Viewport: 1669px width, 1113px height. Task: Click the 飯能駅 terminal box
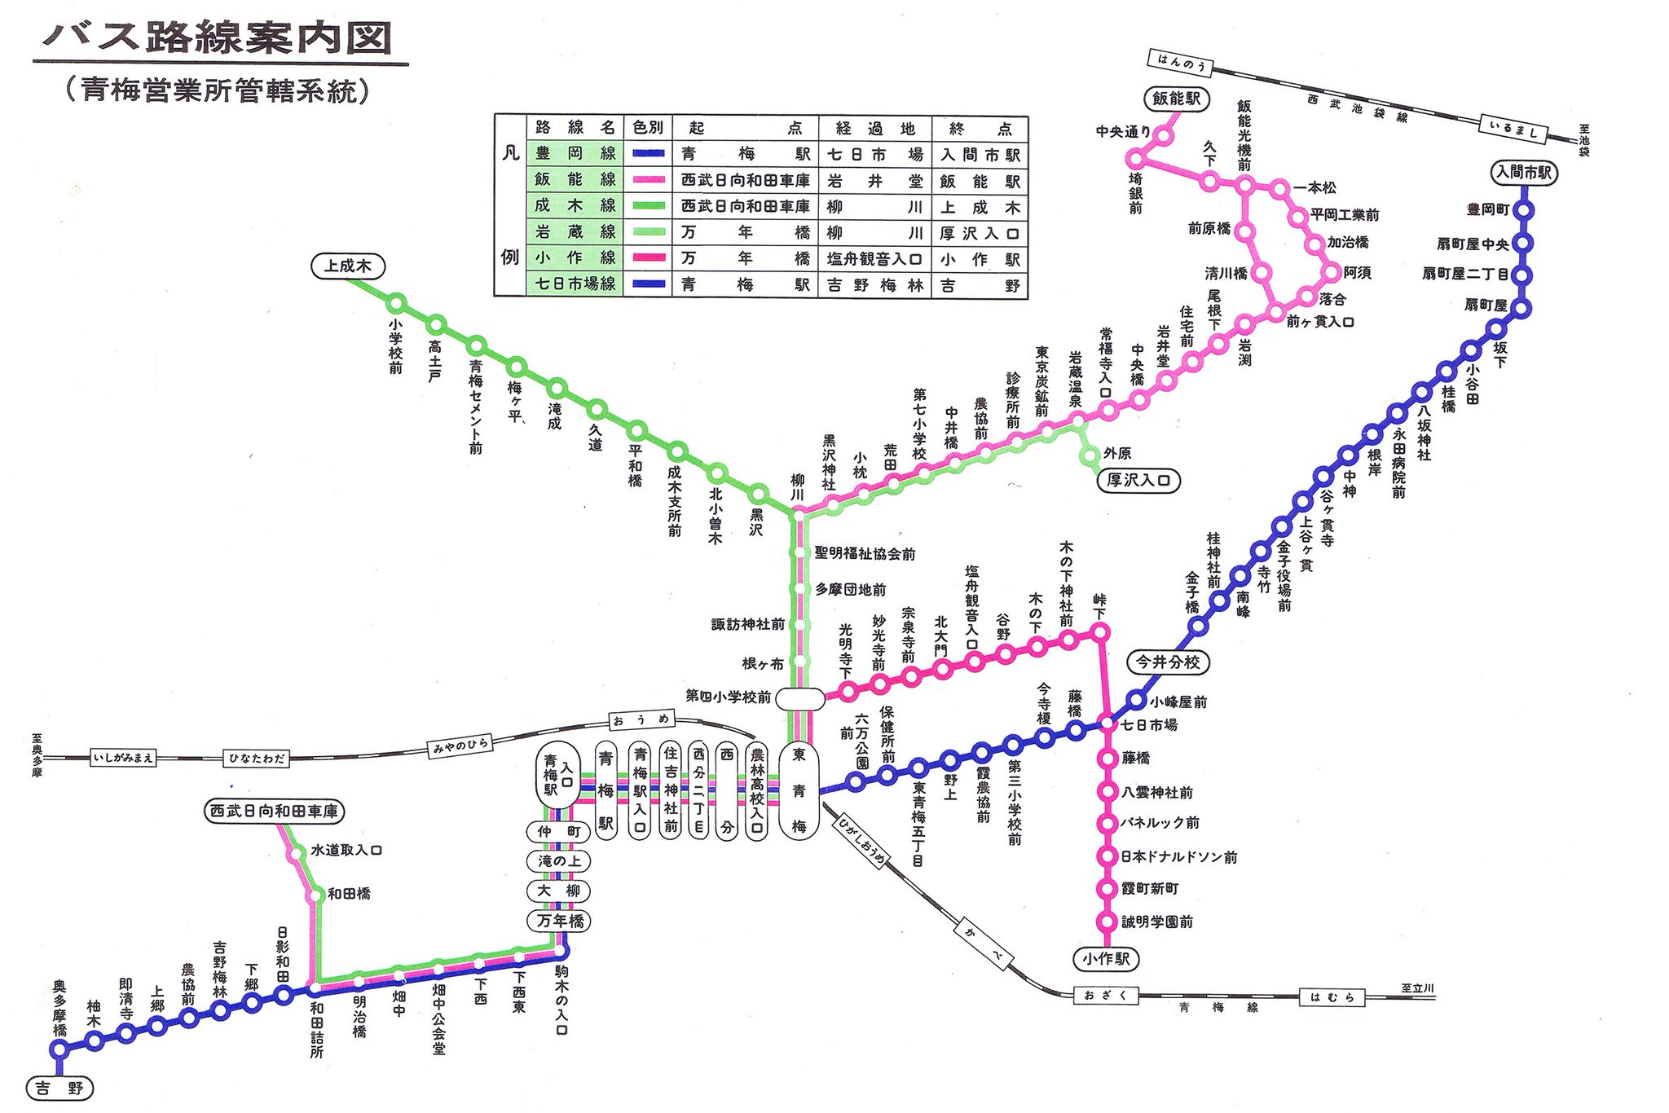tap(1176, 99)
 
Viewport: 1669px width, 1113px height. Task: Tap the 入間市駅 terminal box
tap(1523, 173)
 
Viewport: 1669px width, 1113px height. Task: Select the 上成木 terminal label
tap(348, 266)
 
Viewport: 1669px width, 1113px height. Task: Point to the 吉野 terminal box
tap(59, 1088)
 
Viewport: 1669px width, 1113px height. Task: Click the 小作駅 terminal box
tap(1106, 958)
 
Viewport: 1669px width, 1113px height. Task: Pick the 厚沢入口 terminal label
tap(1138, 480)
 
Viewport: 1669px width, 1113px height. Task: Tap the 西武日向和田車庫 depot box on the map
tap(274, 811)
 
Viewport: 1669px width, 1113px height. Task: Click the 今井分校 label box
tap(1168, 662)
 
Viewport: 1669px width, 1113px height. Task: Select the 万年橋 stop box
tap(560, 921)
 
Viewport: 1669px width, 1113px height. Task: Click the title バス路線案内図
tap(218, 38)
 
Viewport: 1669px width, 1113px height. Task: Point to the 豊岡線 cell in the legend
tap(575, 153)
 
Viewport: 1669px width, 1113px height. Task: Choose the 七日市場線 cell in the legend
tap(575, 284)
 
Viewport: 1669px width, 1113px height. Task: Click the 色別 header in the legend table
tap(648, 127)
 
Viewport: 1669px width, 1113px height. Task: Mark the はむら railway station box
tap(1331, 996)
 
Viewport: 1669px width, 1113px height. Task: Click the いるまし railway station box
tap(1513, 129)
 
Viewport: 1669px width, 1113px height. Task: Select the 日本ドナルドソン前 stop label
tap(1178, 856)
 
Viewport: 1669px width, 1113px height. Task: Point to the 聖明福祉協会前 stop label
tap(865, 554)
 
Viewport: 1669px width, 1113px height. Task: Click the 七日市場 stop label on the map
tap(1149, 724)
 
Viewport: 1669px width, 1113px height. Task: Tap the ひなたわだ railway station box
tap(257, 758)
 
